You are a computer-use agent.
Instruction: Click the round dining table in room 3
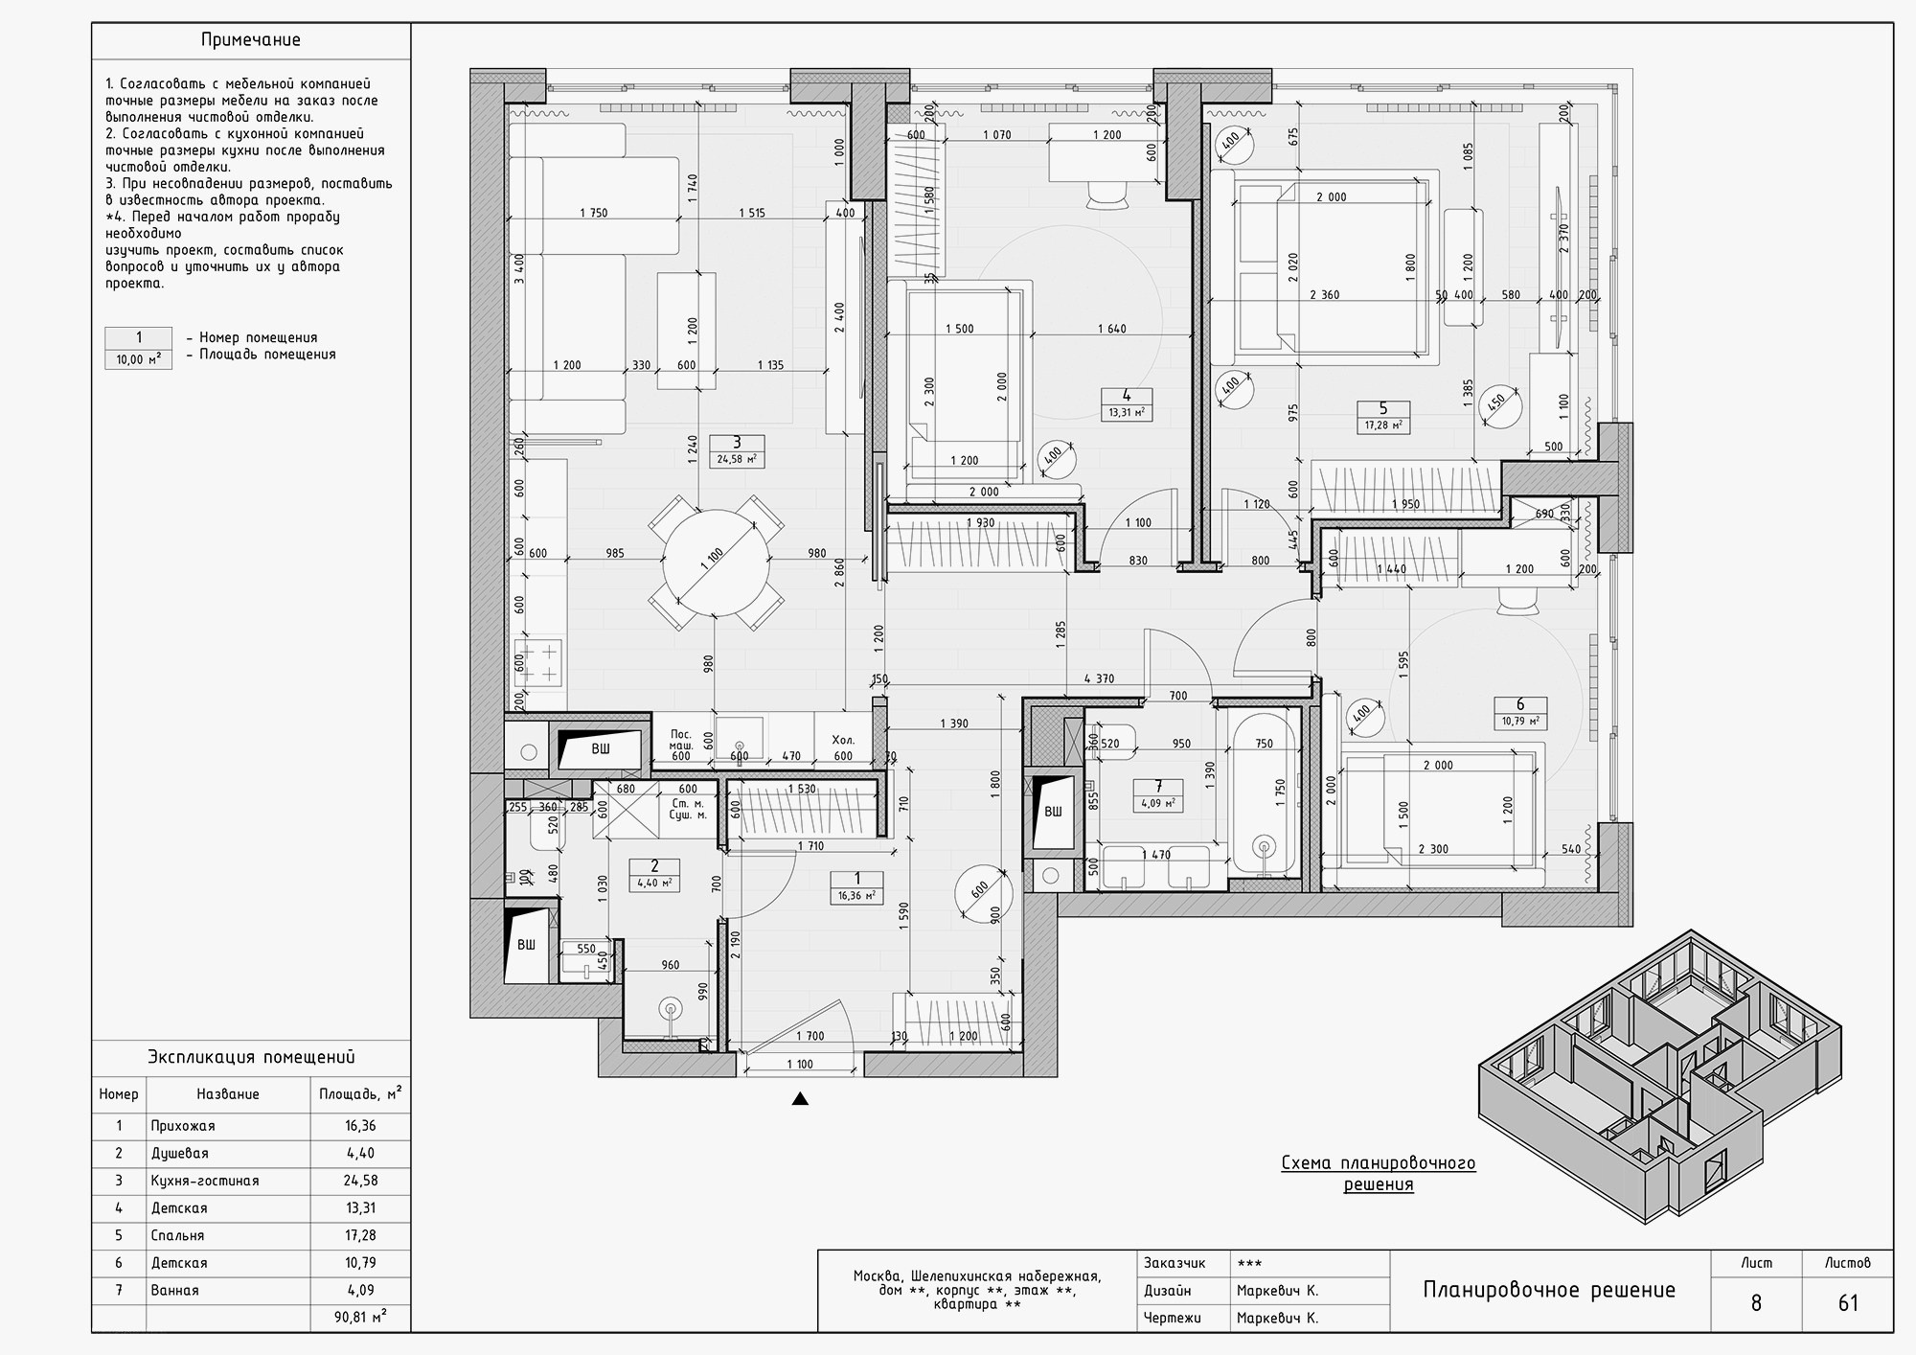[716, 563]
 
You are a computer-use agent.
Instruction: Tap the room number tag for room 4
[1127, 396]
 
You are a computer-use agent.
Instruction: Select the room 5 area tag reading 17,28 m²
[1383, 425]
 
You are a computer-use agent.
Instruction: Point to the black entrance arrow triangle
[800, 1099]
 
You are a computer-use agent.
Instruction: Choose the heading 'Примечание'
[251, 40]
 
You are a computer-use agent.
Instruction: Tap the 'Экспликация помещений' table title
[251, 1057]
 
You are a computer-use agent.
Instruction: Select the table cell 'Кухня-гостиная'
[205, 1181]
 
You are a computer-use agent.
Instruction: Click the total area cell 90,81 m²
[360, 1318]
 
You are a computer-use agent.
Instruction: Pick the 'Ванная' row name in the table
[175, 1290]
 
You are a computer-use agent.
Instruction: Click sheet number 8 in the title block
[1756, 1303]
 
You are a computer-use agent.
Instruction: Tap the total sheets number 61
[1847, 1303]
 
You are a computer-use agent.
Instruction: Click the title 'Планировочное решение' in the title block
[1549, 1290]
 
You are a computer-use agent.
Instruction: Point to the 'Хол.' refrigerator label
[843, 741]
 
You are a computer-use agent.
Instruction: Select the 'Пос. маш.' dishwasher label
[681, 740]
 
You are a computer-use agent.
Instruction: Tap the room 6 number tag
[1519, 705]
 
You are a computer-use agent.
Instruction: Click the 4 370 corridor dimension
[1099, 679]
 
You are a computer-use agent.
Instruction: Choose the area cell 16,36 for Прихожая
[360, 1126]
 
